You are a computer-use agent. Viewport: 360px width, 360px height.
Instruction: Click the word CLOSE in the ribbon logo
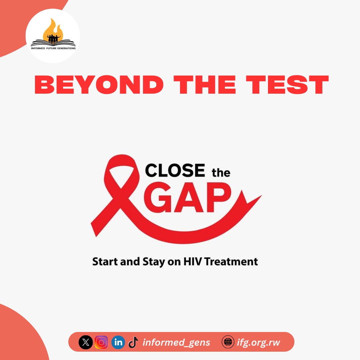[175, 171]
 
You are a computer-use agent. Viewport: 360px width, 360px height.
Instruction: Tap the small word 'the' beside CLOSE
[221, 173]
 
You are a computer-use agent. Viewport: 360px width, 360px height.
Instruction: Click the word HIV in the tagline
[193, 261]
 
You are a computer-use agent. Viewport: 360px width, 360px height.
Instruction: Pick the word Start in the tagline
[104, 261]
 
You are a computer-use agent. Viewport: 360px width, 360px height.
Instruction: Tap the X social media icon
[86, 342]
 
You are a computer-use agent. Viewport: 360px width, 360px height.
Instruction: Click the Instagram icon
[101, 342]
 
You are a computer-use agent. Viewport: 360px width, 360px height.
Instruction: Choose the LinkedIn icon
[118, 342]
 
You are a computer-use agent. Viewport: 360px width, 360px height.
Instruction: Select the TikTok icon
[133, 342]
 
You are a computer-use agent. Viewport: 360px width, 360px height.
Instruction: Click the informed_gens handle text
[176, 342]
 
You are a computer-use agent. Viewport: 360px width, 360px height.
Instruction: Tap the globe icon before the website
[228, 342]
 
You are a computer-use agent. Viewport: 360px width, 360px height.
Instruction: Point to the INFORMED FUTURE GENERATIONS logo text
[53, 48]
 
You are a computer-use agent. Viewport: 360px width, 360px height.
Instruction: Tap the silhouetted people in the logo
[53, 39]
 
